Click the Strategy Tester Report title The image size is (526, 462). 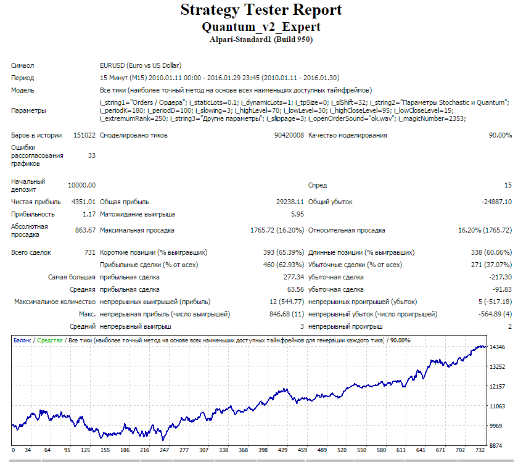pos(261,10)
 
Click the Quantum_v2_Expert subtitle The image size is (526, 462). pos(261,27)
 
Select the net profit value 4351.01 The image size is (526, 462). pos(83,202)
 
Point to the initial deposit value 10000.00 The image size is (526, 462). pos(81,185)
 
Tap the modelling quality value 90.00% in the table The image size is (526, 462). pos(500,135)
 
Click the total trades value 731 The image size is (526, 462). pos(90,252)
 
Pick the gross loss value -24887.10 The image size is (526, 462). pos(496,202)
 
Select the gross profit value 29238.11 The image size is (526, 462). pos(290,202)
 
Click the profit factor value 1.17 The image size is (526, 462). pos(89,214)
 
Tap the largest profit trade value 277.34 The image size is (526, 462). pos(294,277)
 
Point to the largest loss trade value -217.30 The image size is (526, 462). pos(501,277)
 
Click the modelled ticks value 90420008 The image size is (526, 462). pos(289,135)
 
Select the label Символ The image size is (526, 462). pos(22,65)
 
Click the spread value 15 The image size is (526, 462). pos(508,185)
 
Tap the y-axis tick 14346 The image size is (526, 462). pos(497,347)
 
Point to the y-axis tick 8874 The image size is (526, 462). pos(496,445)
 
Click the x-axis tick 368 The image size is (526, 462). pos(243,450)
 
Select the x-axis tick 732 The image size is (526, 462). pos(480,450)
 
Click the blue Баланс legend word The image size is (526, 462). pos(22,340)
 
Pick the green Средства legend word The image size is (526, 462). pos(50,340)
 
